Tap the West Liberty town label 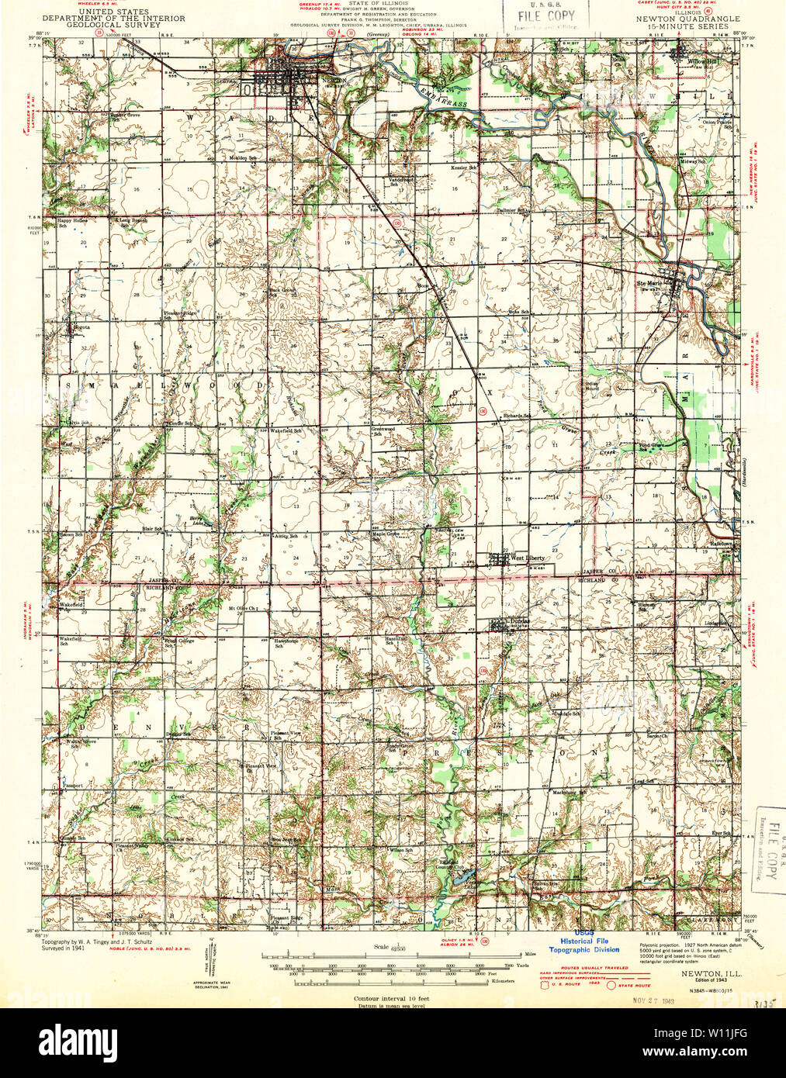pyautogui.click(x=527, y=558)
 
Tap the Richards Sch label pyautogui.click(x=517, y=416)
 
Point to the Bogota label pyautogui.click(x=81, y=327)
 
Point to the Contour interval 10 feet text pyautogui.click(x=391, y=999)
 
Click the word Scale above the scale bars pyautogui.click(x=381, y=946)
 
